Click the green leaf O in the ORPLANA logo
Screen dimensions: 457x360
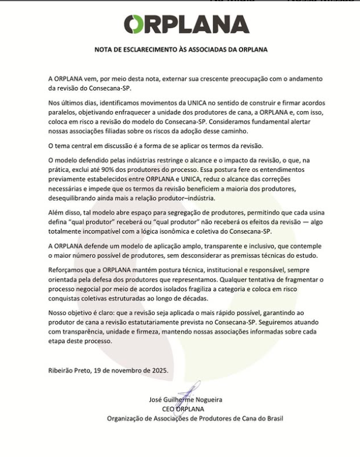pos(134,25)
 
